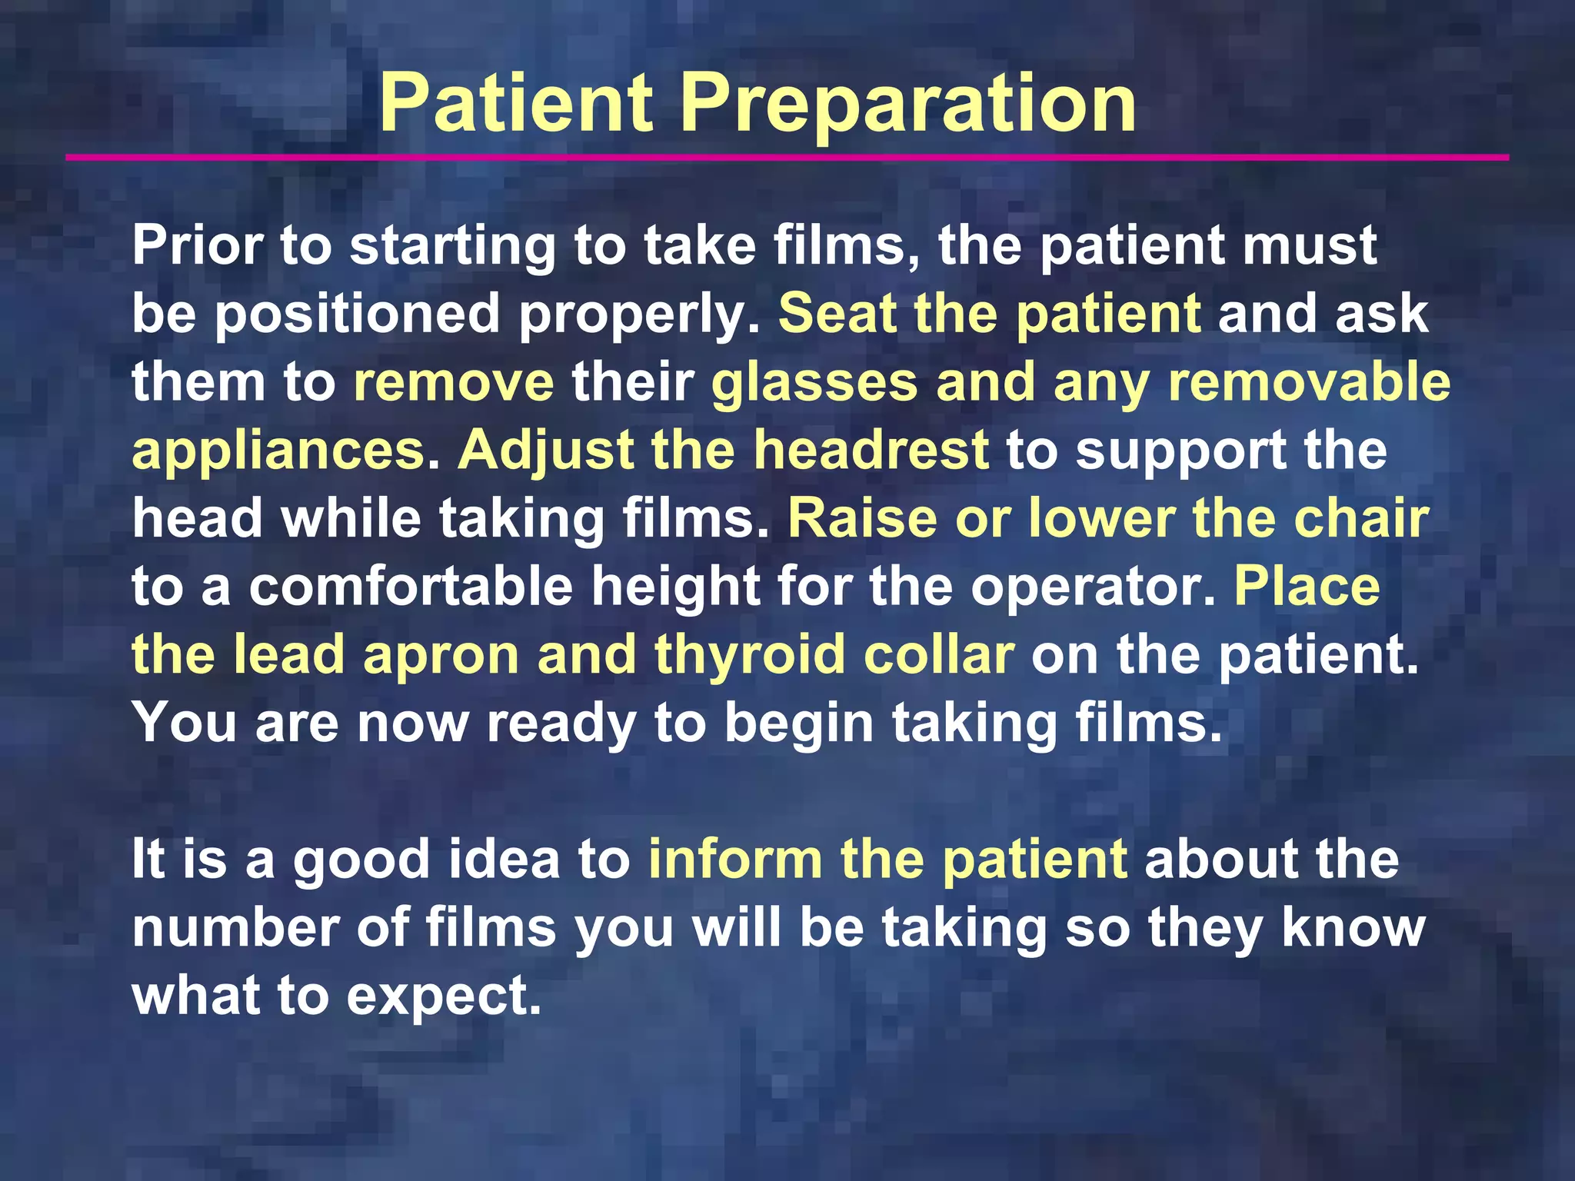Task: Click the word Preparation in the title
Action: [907, 104]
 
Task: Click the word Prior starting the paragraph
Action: [196, 246]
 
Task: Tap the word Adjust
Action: [545, 450]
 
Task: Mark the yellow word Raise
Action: [861, 518]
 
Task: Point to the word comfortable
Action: [411, 587]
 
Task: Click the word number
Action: [235, 927]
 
